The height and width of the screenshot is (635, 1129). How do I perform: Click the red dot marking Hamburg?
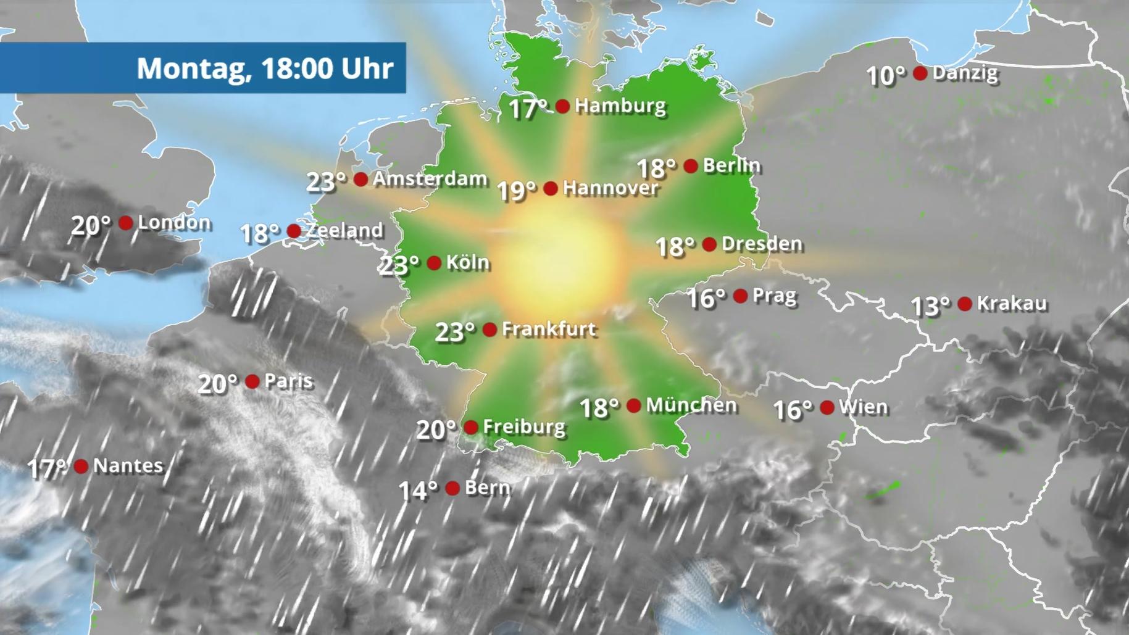point(562,106)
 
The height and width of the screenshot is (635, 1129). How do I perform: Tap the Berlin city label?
point(731,165)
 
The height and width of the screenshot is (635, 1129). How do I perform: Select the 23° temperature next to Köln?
point(399,265)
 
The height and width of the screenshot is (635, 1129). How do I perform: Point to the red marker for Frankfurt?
point(490,330)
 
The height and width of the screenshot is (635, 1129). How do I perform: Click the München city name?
point(691,405)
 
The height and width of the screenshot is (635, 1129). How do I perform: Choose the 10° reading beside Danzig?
point(886,76)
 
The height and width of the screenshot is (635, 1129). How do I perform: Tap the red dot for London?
point(125,223)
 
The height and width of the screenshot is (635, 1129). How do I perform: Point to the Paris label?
point(288,381)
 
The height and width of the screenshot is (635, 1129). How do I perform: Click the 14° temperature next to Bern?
point(418,491)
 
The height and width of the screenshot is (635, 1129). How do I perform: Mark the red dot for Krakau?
point(965,304)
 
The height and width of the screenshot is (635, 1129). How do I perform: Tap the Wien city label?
point(863,407)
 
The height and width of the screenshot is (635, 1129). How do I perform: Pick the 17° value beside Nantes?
point(47,468)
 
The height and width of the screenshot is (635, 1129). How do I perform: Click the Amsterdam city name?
point(430,179)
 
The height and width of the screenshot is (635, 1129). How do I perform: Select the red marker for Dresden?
point(709,244)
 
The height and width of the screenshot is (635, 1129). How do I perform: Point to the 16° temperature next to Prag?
point(707,299)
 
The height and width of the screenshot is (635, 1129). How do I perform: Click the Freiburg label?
point(524,427)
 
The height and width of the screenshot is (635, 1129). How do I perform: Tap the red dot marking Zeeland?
point(294,231)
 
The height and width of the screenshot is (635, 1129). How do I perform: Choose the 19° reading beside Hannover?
point(517,191)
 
